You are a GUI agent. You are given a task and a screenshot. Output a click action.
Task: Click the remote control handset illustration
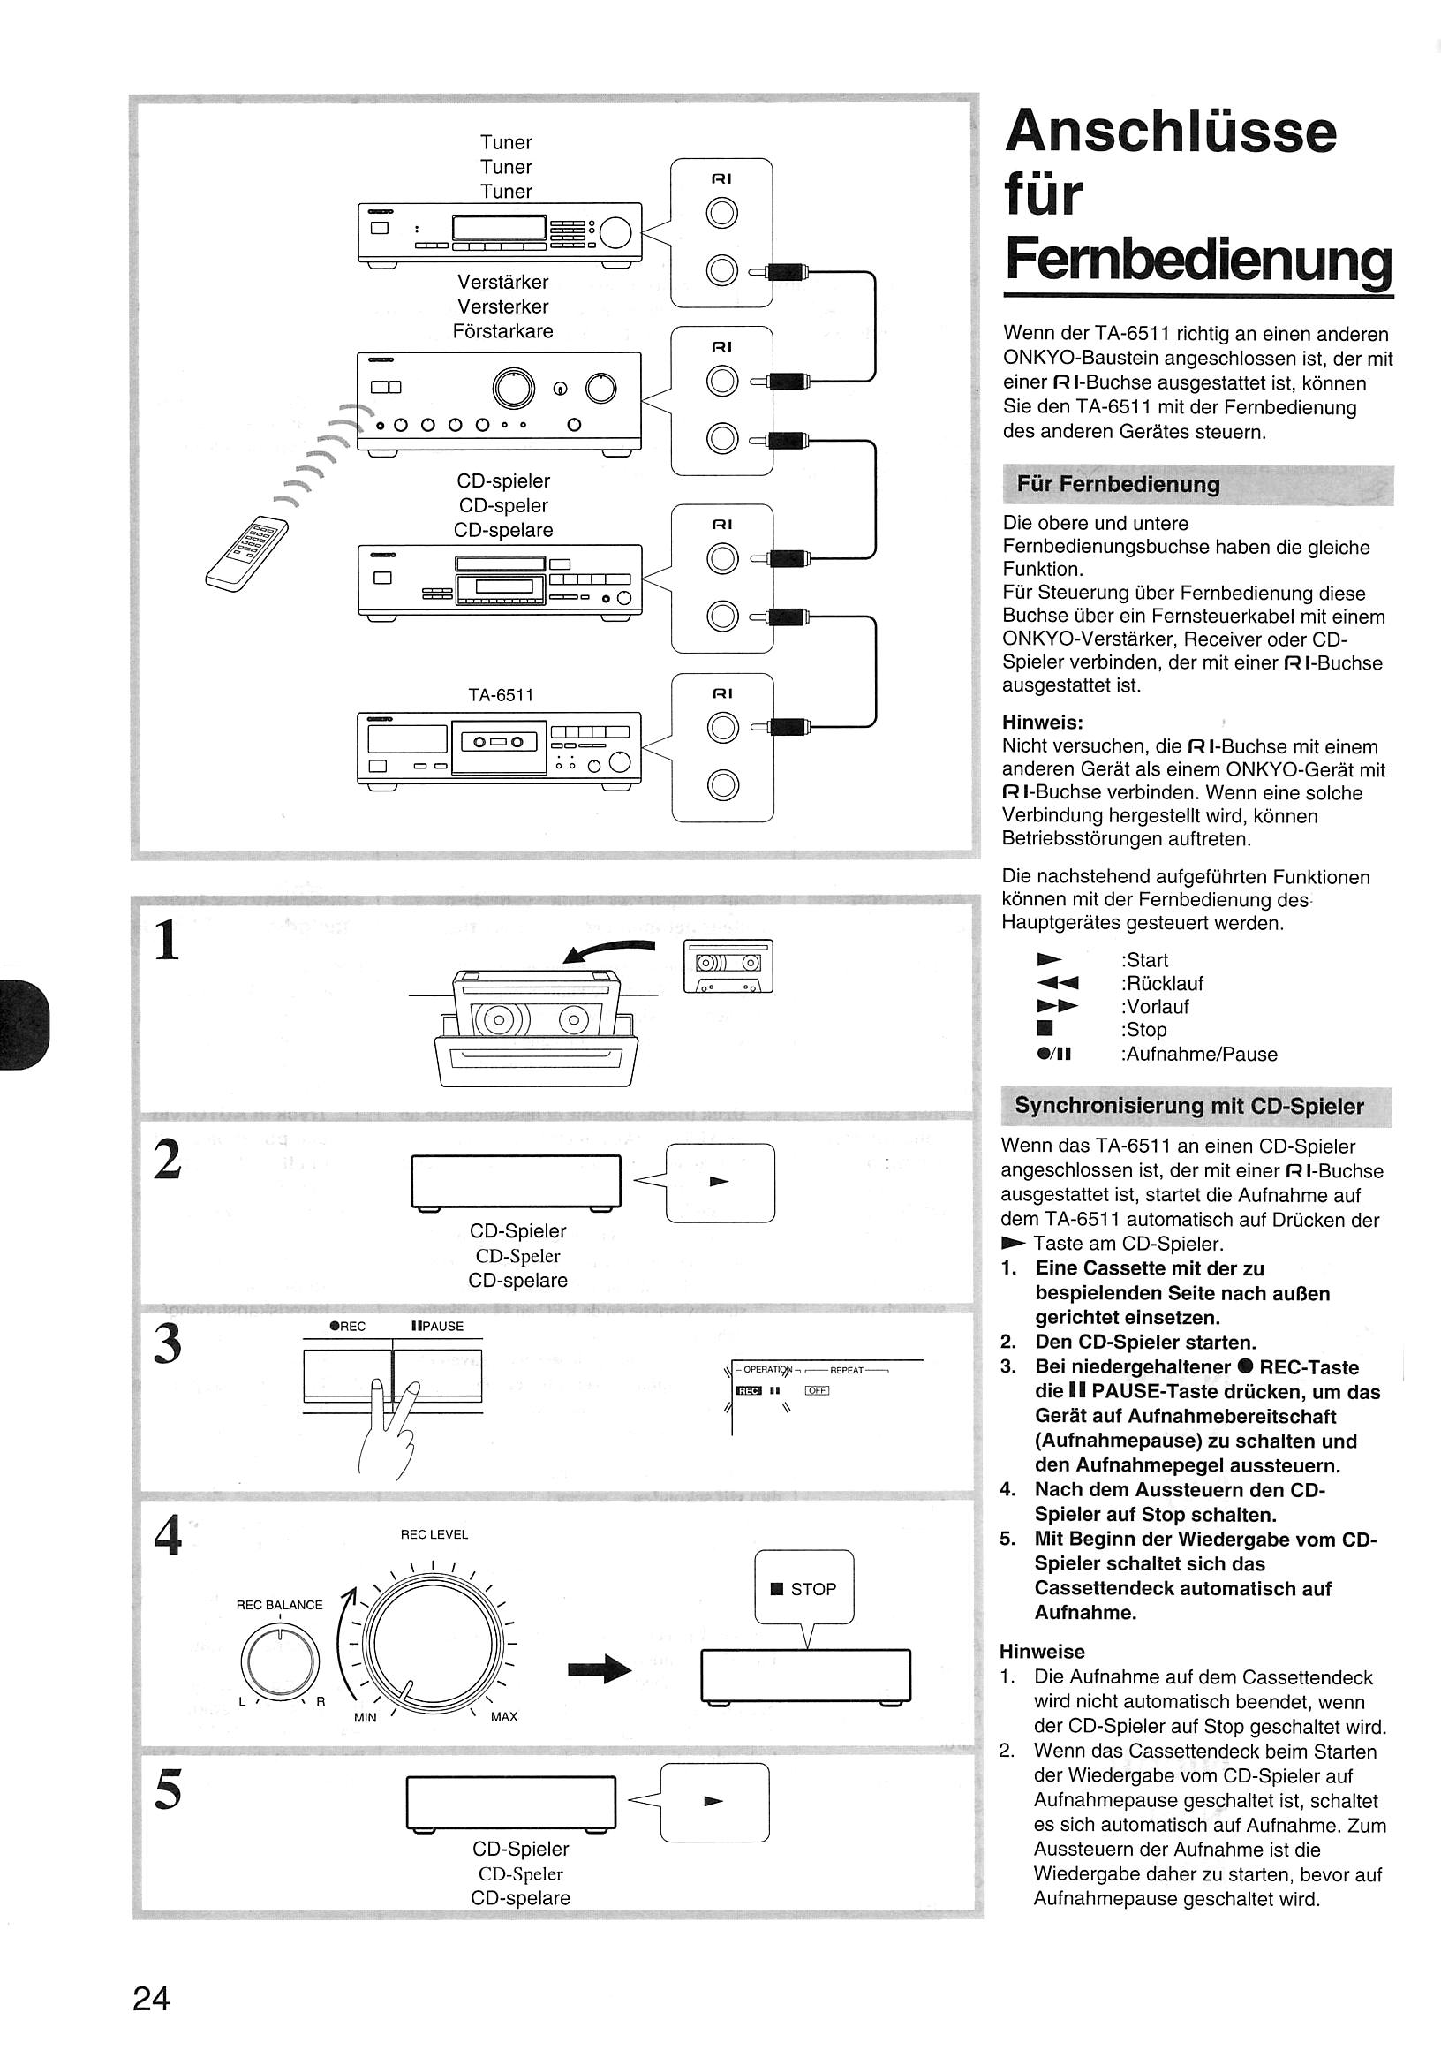(247, 552)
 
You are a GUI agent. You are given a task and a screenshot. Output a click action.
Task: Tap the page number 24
(151, 1999)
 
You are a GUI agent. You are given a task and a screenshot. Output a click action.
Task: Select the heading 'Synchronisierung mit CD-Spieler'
(1189, 1106)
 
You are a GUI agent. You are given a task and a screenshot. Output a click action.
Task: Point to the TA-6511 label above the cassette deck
(502, 694)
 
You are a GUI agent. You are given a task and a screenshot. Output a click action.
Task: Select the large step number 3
(169, 1344)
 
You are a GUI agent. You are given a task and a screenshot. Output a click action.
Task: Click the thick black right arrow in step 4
(600, 1668)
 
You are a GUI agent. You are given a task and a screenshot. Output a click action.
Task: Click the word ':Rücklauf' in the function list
(1161, 983)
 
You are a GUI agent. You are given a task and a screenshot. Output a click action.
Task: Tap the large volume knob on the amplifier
(514, 387)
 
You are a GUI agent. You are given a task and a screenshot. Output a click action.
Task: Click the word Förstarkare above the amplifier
(502, 330)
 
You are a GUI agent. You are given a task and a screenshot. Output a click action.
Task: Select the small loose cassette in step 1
(728, 965)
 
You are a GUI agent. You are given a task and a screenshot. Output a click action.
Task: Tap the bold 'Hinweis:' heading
(1042, 722)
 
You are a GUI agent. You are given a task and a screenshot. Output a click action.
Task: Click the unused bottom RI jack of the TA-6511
(722, 785)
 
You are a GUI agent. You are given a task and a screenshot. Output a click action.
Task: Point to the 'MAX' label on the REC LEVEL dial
(503, 1716)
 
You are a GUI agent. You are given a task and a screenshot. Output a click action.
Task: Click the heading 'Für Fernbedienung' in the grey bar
(1118, 484)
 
